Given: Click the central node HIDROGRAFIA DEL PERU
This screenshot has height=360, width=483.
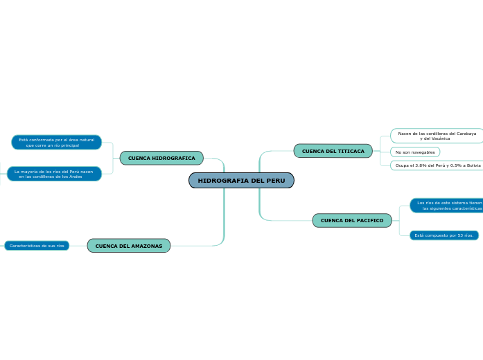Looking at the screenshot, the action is point(241,181).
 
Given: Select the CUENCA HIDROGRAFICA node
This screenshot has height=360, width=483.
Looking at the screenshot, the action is point(161,159).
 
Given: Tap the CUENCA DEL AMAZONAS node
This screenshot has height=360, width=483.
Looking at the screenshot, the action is point(129,246).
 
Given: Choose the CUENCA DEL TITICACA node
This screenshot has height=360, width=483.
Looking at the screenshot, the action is point(333,151).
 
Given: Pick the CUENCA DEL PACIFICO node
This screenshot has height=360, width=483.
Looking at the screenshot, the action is point(351,221).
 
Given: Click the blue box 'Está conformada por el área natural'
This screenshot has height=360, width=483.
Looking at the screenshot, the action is point(56,143).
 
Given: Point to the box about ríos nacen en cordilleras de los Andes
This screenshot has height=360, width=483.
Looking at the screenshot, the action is point(54,174).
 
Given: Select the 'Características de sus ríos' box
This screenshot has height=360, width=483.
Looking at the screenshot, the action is point(37,246).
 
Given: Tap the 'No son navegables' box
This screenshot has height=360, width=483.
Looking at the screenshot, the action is point(415,152).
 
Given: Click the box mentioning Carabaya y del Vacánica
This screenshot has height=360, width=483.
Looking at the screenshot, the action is point(437,136).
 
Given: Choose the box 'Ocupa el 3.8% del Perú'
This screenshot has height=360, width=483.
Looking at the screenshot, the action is point(437,165).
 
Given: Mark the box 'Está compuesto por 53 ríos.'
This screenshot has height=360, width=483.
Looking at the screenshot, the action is point(444,235).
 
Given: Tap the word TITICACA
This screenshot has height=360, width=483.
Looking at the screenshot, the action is point(351,151).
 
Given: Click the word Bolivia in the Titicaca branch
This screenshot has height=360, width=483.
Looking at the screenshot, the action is point(473,165).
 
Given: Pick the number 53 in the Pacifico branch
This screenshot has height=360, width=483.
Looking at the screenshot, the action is point(459,235).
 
